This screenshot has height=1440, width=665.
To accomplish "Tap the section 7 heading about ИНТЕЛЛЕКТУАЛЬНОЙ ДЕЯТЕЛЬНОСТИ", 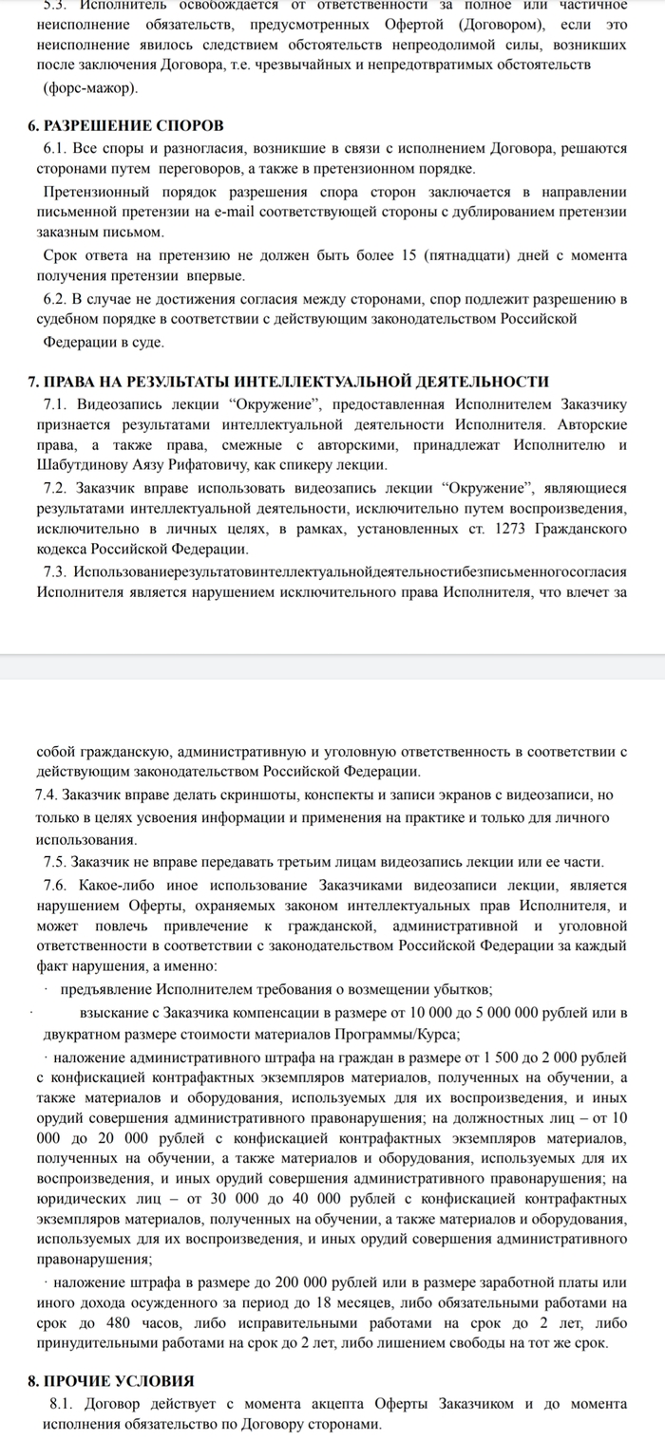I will point(289,382).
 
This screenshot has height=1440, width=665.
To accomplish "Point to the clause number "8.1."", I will point(61,1403).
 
